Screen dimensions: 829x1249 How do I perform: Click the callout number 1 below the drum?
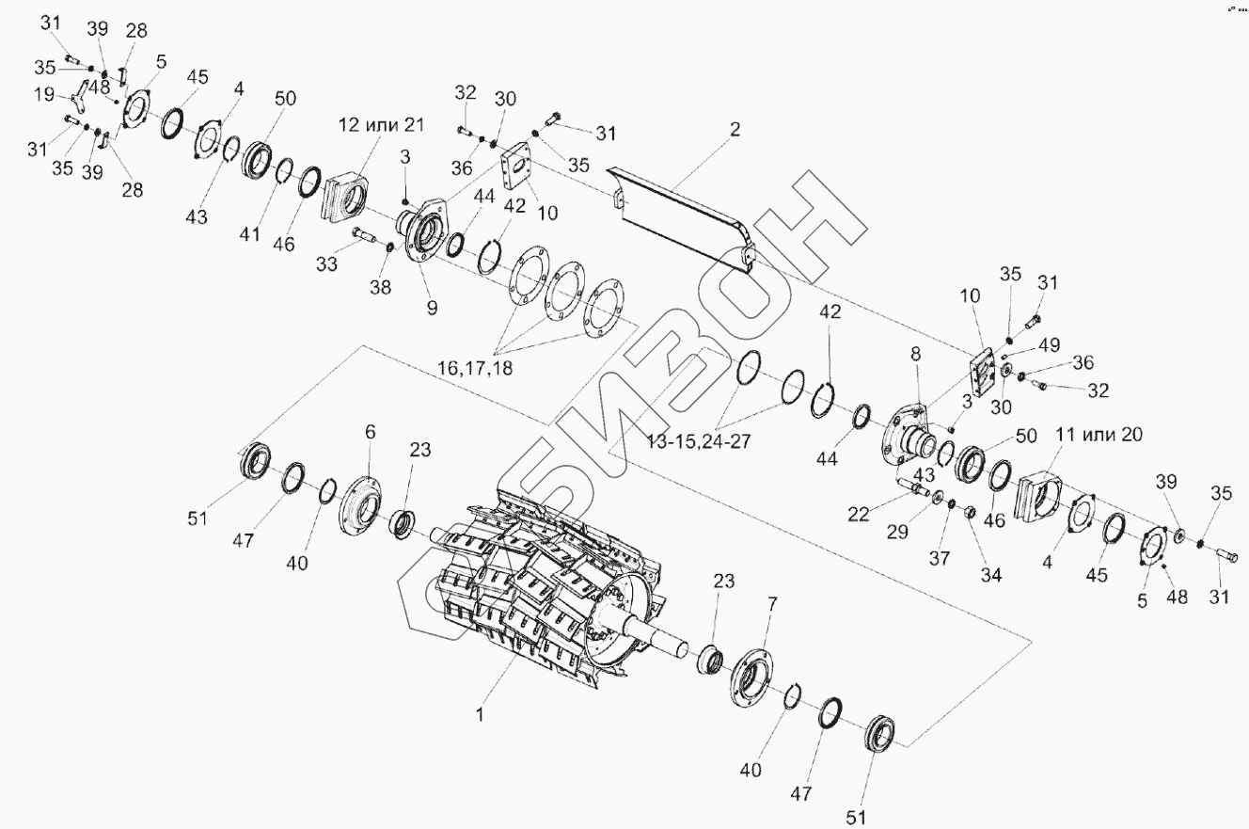click(480, 715)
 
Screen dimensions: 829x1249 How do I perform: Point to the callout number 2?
click(735, 129)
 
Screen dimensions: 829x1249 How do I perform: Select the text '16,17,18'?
click(475, 368)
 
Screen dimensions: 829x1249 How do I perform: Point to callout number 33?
click(326, 265)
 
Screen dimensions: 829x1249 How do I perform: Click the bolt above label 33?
click(366, 235)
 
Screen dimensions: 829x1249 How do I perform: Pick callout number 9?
click(433, 307)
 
